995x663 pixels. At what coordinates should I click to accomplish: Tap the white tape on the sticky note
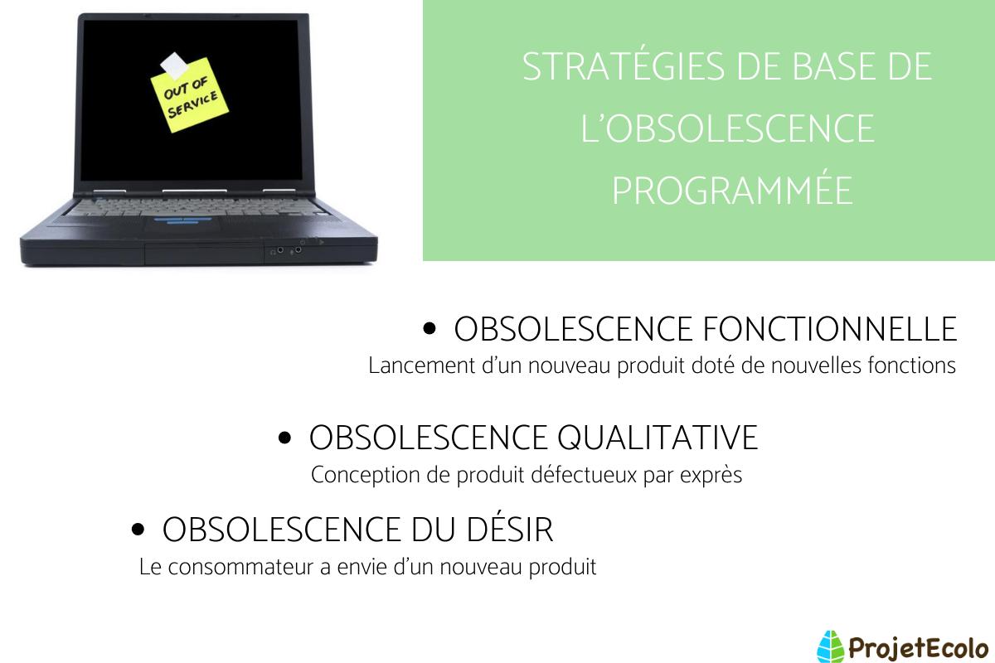[x=175, y=63]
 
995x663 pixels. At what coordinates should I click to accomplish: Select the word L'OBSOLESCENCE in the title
[x=728, y=129]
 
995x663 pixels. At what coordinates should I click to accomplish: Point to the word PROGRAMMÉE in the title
[x=732, y=191]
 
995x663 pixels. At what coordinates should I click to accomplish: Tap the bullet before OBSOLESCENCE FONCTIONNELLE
[x=430, y=330]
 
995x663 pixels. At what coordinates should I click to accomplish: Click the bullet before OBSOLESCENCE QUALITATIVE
[x=284, y=438]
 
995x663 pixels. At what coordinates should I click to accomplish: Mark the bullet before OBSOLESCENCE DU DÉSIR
[x=138, y=530]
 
